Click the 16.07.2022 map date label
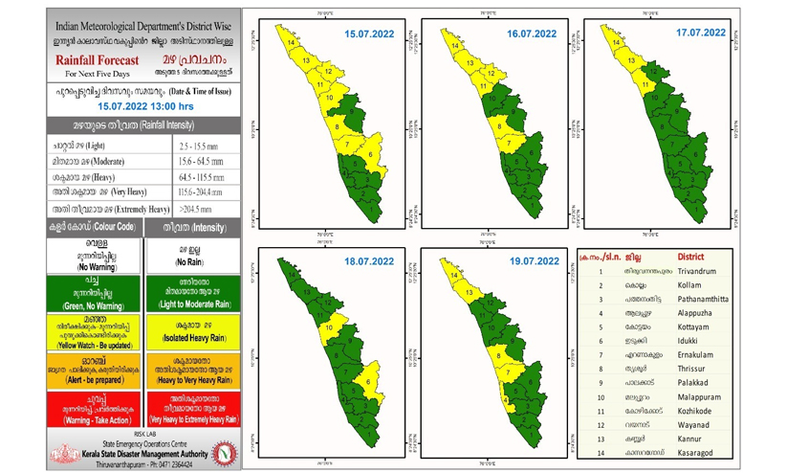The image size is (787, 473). click(x=533, y=34)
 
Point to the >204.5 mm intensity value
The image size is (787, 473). click(x=195, y=208)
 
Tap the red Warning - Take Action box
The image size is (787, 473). click(x=94, y=409)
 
